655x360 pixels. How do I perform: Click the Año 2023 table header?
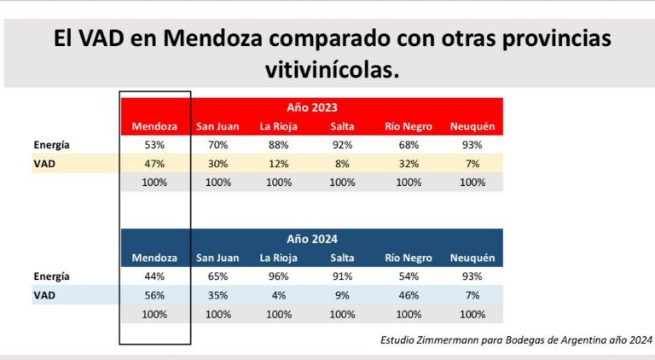[312, 108]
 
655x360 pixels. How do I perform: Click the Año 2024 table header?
[312, 240]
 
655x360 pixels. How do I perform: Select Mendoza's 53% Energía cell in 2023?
[154, 145]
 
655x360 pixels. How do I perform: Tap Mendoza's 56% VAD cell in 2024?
[154, 295]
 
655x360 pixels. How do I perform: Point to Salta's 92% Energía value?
[342, 145]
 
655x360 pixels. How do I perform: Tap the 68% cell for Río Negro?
[409, 145]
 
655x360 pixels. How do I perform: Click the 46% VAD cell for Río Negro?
[409, 295]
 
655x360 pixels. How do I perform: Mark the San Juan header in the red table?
[218, 127]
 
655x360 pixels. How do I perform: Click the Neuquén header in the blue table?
[472, 258]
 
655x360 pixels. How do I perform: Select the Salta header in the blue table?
[342, 258]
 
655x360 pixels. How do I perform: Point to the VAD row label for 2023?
[44, 164]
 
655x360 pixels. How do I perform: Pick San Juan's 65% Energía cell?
[218, 276]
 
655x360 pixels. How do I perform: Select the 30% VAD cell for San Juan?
[218, 164]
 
